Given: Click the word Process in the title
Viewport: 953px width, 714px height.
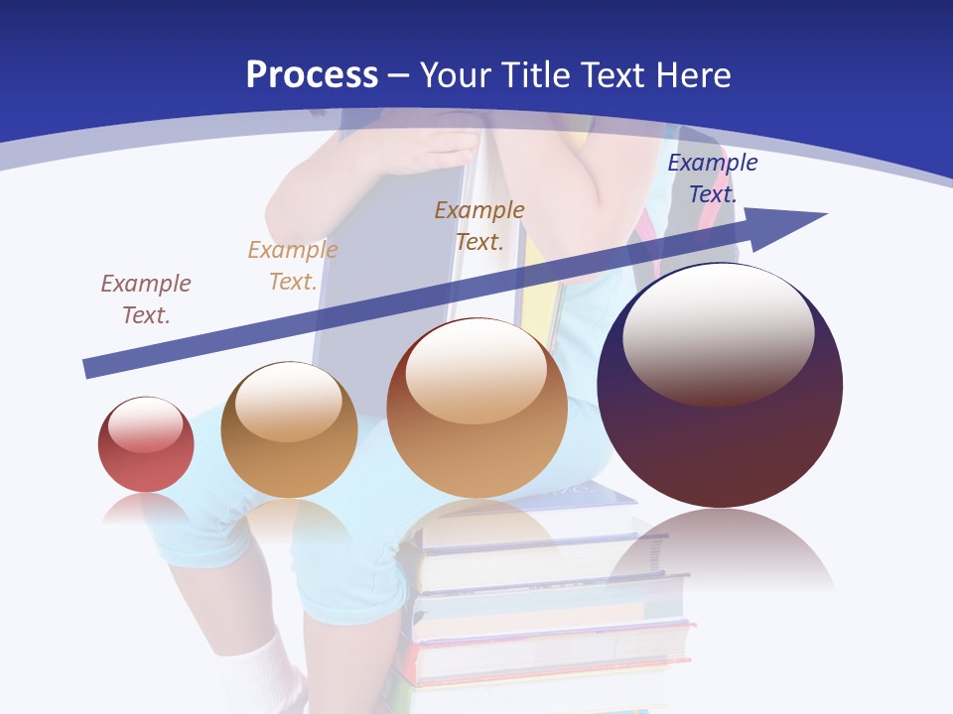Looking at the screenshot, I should (x=312, y=75).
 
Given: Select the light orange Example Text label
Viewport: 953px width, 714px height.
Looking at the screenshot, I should (x=293, y=266).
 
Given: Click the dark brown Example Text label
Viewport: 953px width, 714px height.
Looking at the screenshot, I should (x=479, y=226).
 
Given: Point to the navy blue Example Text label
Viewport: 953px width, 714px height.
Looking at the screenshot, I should (x=713, y=178).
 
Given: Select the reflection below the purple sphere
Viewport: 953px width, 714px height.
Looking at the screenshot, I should (x=720, y=550).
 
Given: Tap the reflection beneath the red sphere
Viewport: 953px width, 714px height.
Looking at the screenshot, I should (x=146, y=508).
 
